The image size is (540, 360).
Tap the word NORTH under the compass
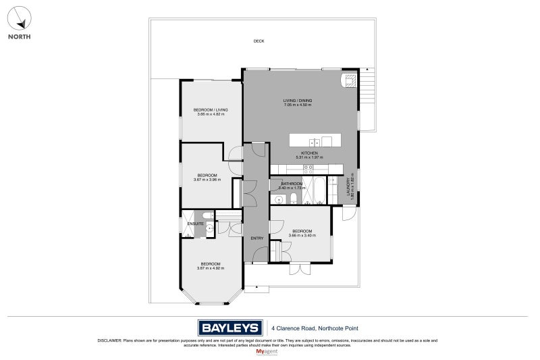pyautogui.click(x=19, y=36)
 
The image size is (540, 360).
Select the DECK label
pyautogui.click(x=259, y=41)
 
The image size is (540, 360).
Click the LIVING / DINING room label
pyautogui.click(x=297, y=101)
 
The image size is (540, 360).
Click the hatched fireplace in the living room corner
pyautogui.click(x=350, y=82)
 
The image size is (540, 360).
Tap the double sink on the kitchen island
pyautogui.click(x=314, y=142)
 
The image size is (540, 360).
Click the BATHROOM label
pyautogui.click(x=292, y=184)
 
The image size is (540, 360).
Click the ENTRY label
pyautogui.click(x=256, y=238)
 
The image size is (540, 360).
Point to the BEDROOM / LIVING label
pyautogui.click(x=210, y=109)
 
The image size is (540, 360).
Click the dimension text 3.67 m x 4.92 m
pyautogui.click(x=210, y=268)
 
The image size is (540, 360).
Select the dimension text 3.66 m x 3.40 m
pyautogui.click(x=301, y=235)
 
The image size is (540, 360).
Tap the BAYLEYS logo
pyautogui.click(x=230, y=328)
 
